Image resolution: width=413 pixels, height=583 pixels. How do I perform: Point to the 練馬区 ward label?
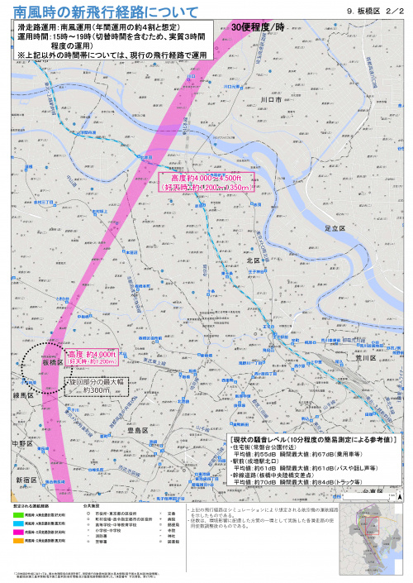tap(23, 396)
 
